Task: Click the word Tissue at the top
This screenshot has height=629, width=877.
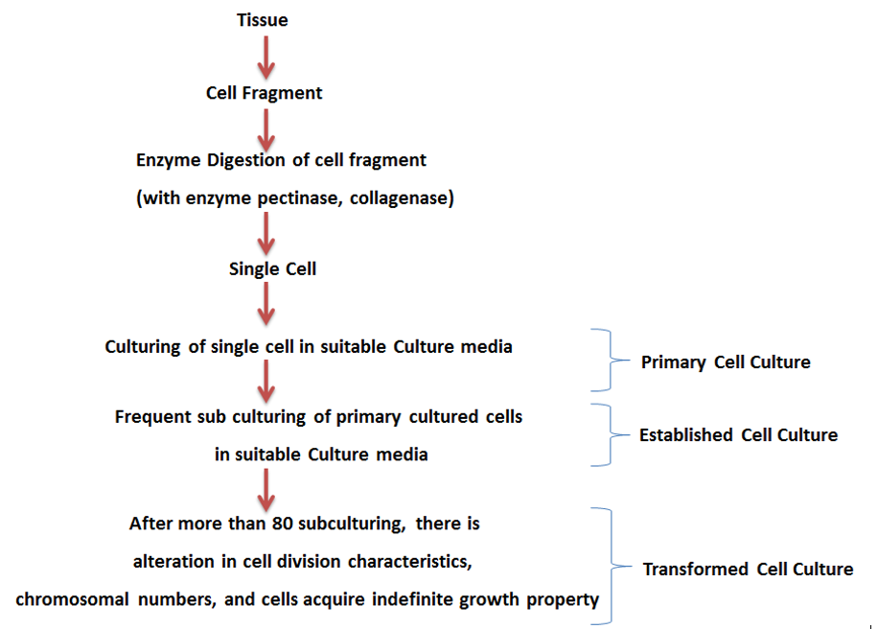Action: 262,20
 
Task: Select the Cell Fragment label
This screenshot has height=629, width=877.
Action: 265,93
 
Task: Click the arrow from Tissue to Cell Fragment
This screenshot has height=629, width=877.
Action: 266,57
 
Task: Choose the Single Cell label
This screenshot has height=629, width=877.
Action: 273,268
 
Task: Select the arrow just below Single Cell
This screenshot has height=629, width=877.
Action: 267,306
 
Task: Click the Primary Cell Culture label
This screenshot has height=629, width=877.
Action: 726,362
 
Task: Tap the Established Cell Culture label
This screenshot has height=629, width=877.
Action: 738,434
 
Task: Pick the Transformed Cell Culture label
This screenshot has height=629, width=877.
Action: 748,569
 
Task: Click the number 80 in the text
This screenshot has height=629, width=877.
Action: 292,524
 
